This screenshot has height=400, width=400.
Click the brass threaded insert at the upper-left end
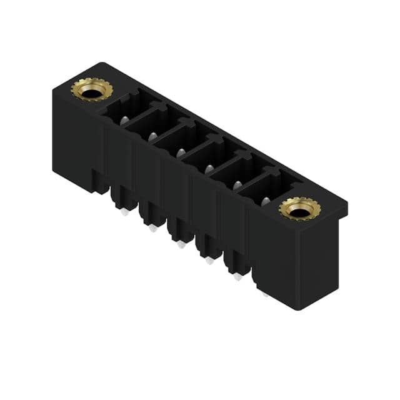point(91,90)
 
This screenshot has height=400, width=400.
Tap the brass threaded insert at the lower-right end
point(299,209)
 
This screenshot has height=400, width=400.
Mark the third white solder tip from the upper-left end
point(181,245)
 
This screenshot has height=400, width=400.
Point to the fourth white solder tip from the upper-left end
point(209,261)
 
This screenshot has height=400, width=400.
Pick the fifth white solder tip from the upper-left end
point(237,277)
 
